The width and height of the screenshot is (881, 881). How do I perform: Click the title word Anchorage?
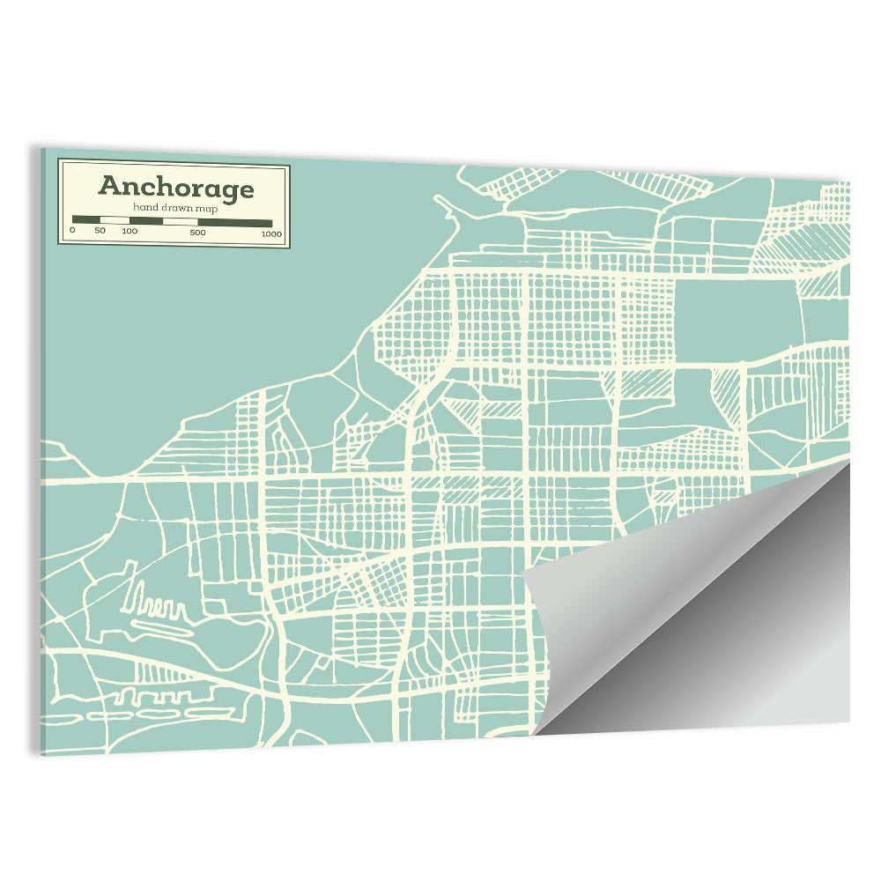click(x=176, y=187)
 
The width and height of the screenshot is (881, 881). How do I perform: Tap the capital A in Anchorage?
click(x=109, y=186)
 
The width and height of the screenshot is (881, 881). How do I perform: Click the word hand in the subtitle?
click(x=144, y=207)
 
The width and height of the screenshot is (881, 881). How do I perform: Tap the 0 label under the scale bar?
click(x=72, y=233)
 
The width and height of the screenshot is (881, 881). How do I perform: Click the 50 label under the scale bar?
click(x=100, y=233)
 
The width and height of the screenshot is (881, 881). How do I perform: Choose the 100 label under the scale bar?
click(x=130, y=233)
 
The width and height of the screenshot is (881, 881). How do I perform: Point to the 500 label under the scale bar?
click(x=197, y=233)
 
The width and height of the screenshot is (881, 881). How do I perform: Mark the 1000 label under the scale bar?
click(x=270, y=233)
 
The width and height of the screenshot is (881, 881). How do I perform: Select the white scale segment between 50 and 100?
click(x=115, y=221)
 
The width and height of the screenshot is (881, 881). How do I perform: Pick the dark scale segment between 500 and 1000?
click(x=234, y=221)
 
